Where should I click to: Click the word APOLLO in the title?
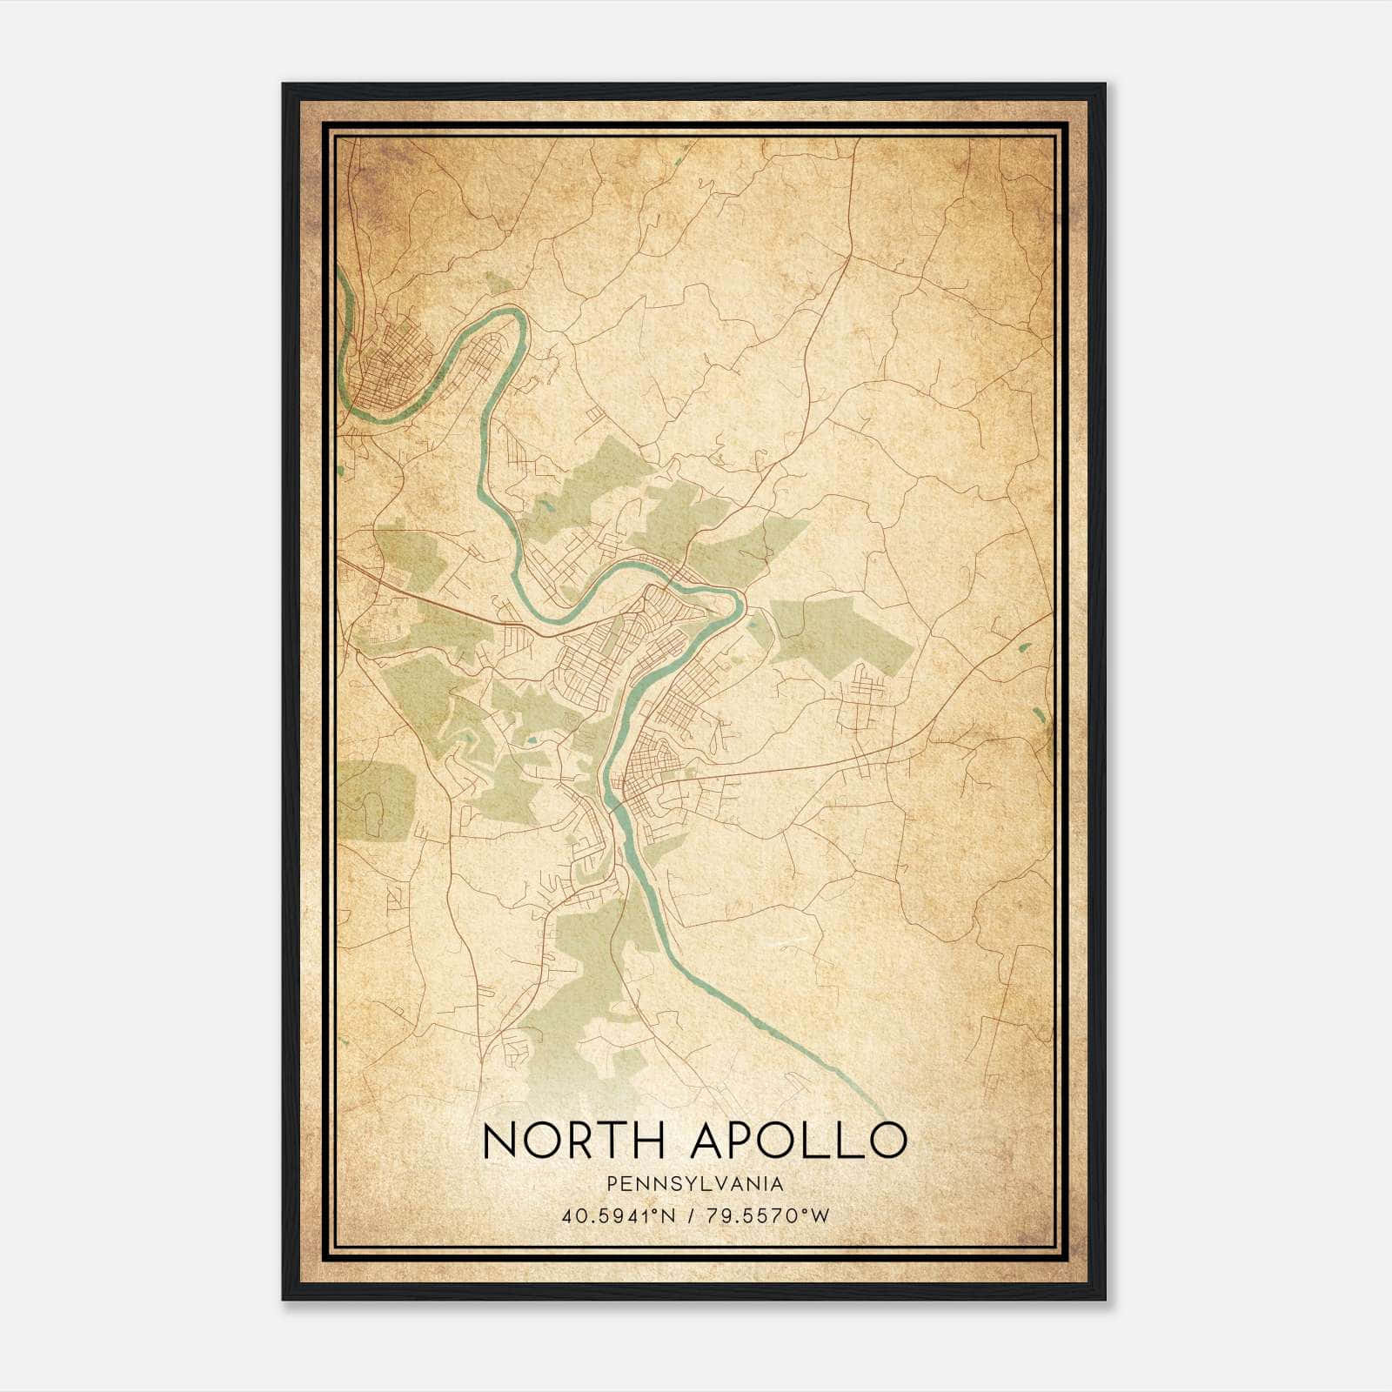(798, 1141)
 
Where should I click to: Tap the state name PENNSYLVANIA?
(695, 1184)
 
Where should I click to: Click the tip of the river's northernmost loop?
(519, 318)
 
